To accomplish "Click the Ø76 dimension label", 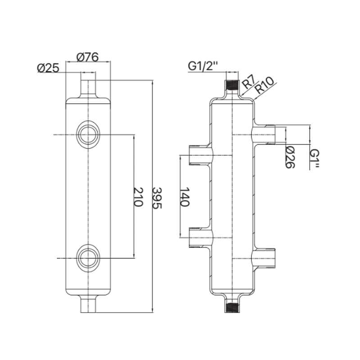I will [88, 57].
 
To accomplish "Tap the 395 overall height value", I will [157, 197].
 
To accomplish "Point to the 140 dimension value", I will [185, 197].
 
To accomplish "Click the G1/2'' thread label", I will [202, 67].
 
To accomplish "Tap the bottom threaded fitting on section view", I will [232, 307].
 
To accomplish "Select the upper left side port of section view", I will [198, 155].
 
